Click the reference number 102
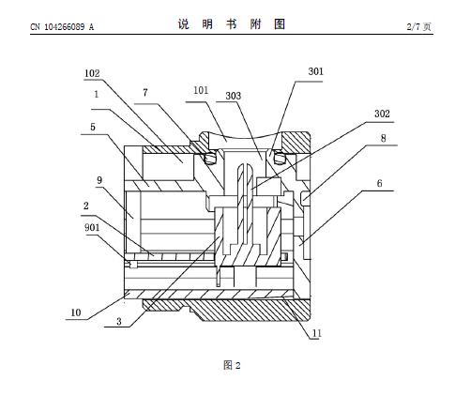[x=92, y=73]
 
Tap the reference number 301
[x=316, y=71]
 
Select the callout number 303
[x=234, y=96]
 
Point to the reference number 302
[x=382, y=114]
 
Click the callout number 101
[x=201, y=90]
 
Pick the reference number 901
[x=92, y=227]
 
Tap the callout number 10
[x=76, y=312]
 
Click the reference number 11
[x=317, y=333]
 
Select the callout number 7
[x=145, y=93]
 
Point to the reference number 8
[x=383, y=138]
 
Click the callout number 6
[x=379, y=183]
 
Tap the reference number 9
[x=99, y=180]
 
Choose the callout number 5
[x=93, y=127]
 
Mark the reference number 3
[x=119, y=321]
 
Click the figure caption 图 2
[x=232, y=365]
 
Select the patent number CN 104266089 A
[x=62, y=27]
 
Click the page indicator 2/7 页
[x=419, y=26]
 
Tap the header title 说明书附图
[x=232, y=24]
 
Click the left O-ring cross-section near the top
[x=210, y=158]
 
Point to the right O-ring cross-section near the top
[x=280, y=158]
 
